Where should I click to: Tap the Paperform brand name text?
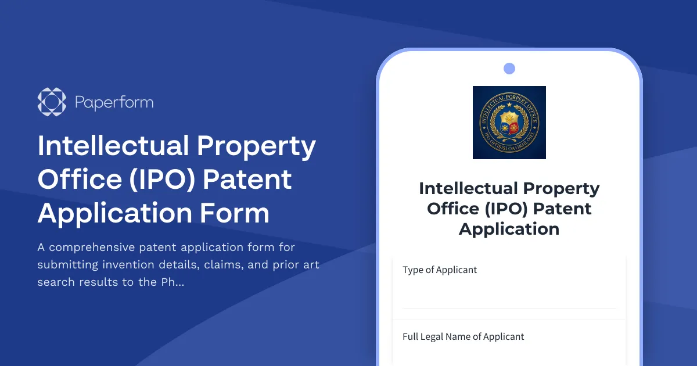tap(114, 103)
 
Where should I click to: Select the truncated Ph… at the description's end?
tap(174, 282)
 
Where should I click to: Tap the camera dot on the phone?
tap(509, 69)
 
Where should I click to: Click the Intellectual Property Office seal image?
tap(509, 123)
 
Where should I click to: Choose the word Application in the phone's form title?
tap(509, 229)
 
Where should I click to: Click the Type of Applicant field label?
tap(440, 270)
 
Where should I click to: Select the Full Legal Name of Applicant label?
tap(464, 337)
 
